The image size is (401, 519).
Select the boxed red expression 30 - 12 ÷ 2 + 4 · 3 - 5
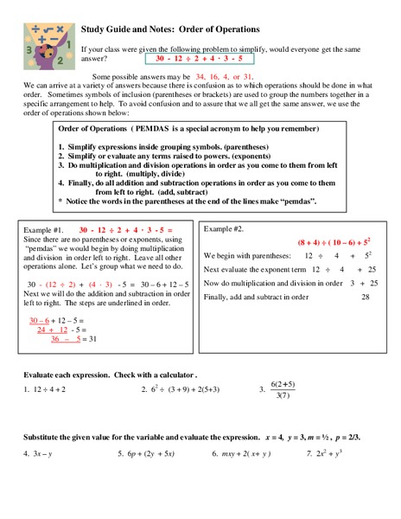pyautogui.click(x=199, y=60)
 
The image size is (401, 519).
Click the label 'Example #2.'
pyautogui.click(x=224, y=228)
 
